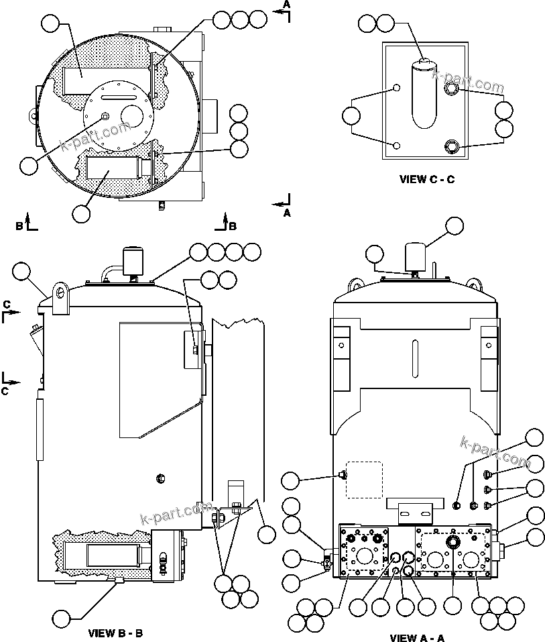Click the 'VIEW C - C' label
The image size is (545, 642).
[x=427, y=179]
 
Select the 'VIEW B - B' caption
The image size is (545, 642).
[x=115, y=633]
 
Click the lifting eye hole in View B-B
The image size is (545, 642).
[x=61, y=292]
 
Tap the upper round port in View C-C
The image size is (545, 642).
[x=453, y=89]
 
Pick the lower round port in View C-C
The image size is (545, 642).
[x=453, y=145]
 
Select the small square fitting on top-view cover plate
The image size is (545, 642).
[x=105, y=117]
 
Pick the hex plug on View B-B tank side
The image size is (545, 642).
[x=160, y=478]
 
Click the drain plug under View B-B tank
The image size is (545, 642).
[x=119, y=580]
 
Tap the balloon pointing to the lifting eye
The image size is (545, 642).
[x=21, y=272]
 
